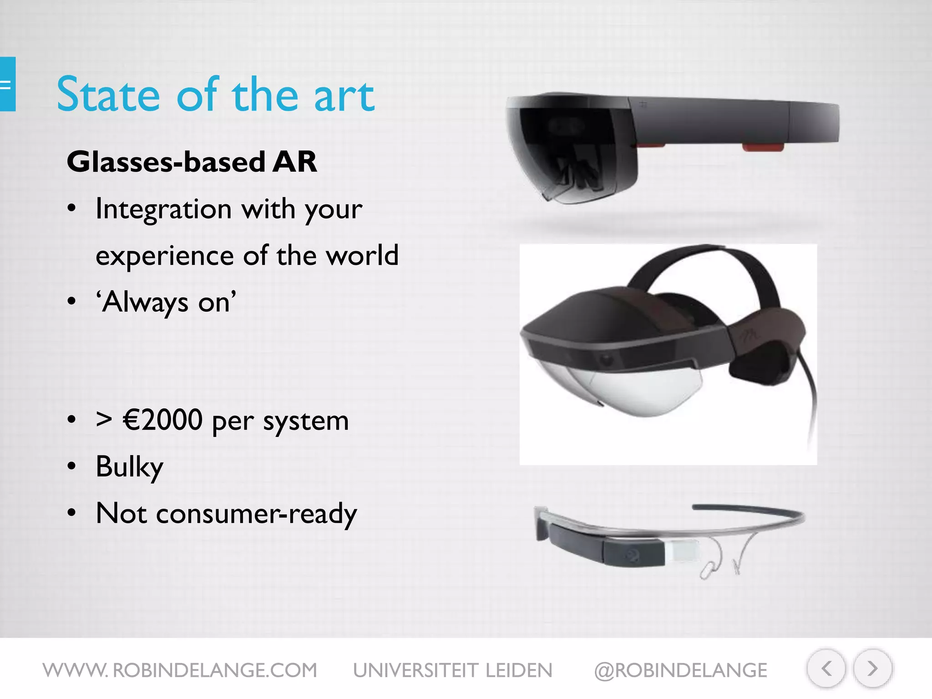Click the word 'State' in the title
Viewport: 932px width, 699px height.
coord(108,95)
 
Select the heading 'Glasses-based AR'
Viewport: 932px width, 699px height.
coord(192,162)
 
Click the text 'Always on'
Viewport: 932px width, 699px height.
coord(167,302)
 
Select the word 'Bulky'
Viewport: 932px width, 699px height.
coord(129,467)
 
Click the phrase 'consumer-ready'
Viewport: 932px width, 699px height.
coord(256,514)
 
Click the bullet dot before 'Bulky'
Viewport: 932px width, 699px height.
coord(71,466)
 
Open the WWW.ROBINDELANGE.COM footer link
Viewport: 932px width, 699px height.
coord(180,670)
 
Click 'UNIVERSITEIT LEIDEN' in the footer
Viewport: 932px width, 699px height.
coord(452,670)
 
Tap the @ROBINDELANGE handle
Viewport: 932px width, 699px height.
coord(680,670)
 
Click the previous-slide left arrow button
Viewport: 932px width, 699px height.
coord(826,669)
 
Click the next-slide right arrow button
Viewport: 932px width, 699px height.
coord(872,669)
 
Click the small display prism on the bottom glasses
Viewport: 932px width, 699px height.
coord(681,552)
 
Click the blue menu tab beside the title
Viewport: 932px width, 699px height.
coord(7,84)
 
